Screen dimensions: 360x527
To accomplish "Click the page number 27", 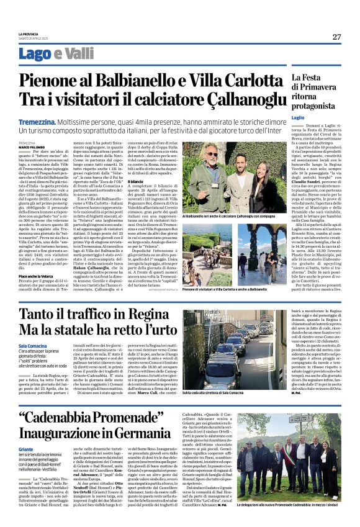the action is point(336,37).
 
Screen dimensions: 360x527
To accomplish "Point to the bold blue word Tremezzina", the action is point(56,123).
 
